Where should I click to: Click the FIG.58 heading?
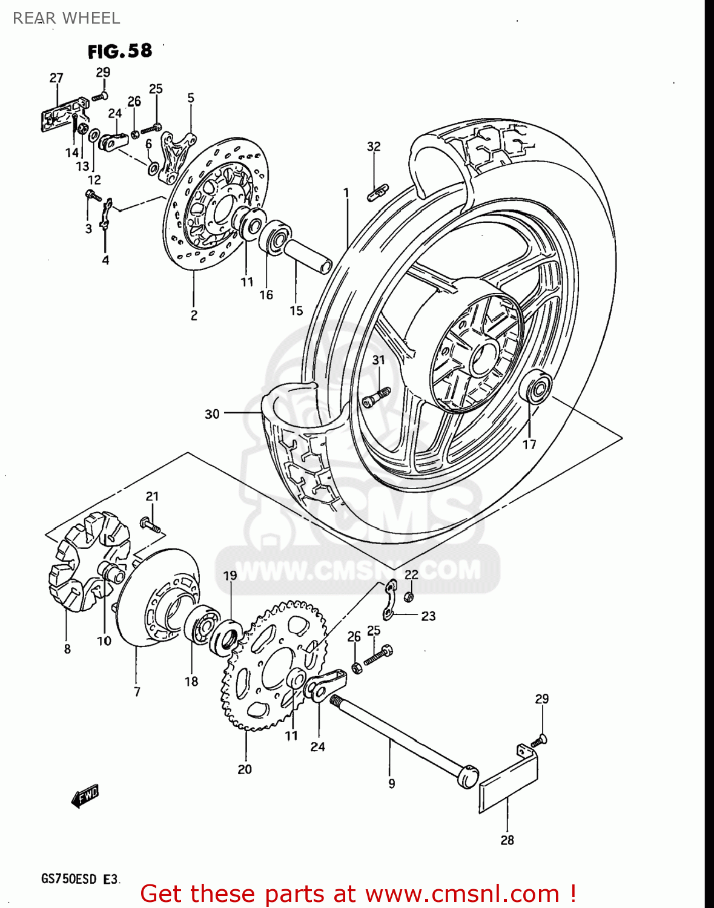119,51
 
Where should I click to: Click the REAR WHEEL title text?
67,18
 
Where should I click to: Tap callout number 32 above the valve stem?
374,146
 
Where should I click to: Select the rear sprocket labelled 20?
273,666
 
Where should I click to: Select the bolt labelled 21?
151,524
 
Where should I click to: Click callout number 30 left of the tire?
212,414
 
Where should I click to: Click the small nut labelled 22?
409,597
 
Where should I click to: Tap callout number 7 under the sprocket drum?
137,691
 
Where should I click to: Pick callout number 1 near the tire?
346,193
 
